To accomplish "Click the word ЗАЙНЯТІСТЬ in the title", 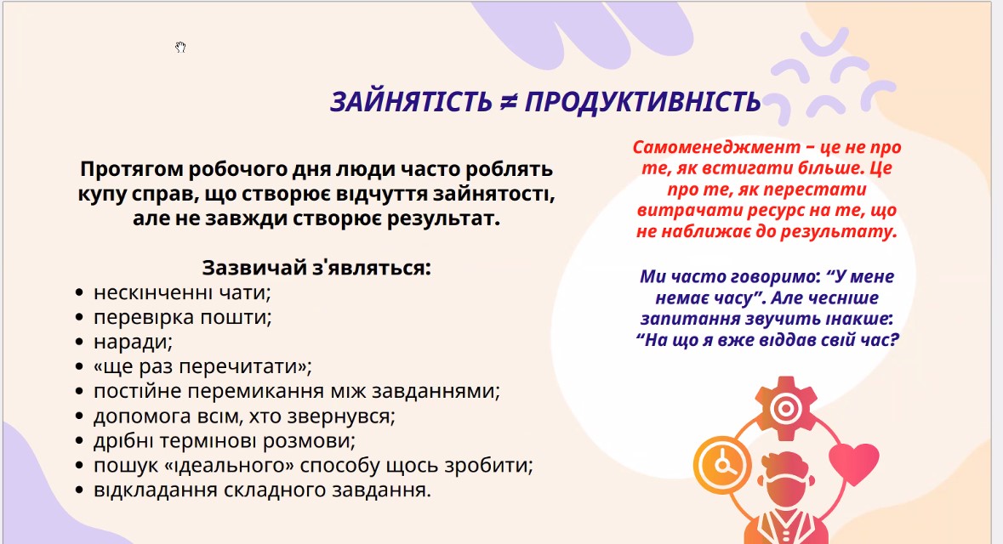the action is coord(411,102).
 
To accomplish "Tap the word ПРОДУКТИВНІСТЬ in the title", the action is coord(643,102).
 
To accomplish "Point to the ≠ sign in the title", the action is coord(509,102).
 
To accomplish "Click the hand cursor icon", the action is coord(180,47).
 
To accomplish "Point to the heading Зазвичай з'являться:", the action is coord(316,267).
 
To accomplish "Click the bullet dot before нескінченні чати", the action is coord(79,292).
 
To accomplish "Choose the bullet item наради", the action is coord(133,342).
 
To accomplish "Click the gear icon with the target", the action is coord(786,408).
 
